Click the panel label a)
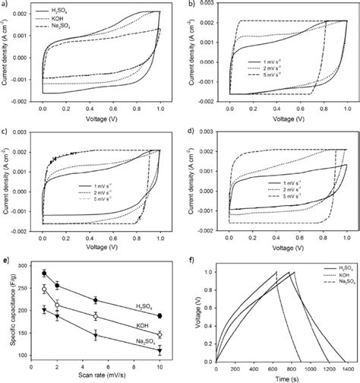tap(5, 5)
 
